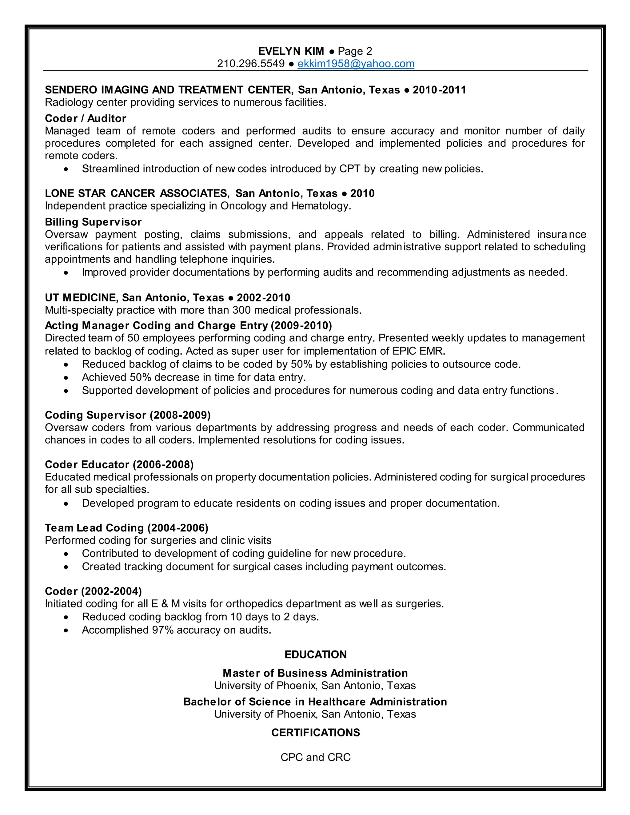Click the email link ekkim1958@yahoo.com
(x=356, y=64)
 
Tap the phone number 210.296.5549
(x=251, y=64)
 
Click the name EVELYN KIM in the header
(x=291, y=51)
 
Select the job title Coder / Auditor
(x=86, y=118)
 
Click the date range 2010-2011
(x=439, y=90)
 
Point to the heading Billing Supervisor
(x=93, y=222)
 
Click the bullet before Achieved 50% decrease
(x=66, y=378)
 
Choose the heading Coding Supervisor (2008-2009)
(x=128, y=415)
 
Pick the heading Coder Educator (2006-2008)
(x=119, y=465)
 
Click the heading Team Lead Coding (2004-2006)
(x=126, y=528)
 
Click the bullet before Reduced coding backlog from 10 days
(x=66, y=618)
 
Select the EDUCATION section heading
(x=315, y=654)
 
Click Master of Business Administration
(x=315, y=673)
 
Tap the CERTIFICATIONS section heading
(x=315, y=733)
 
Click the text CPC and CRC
(x=315, y=757)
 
